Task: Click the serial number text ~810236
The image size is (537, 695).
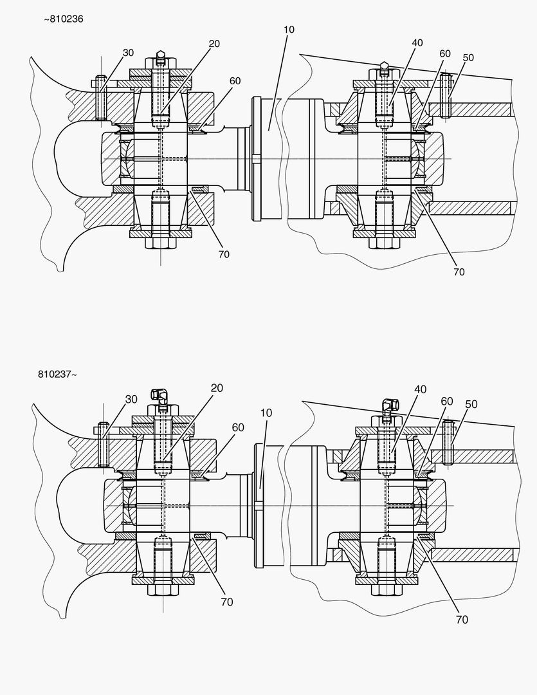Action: point(63,19)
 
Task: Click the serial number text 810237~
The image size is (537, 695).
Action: point(57,374)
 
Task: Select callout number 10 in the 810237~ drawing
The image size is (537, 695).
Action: point(267,412)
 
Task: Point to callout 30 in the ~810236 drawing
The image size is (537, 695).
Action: point(128,53)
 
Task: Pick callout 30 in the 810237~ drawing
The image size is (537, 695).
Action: point(131,399)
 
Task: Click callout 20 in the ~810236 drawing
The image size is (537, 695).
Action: point(215,43)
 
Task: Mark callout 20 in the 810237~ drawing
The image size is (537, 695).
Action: point(217,388)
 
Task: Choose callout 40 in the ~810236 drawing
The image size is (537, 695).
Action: point(418,43)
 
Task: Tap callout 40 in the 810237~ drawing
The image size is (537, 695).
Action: point(420,389)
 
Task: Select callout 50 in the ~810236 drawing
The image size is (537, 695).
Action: point(468,57)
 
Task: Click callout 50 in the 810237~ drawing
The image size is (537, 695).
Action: point(471,403)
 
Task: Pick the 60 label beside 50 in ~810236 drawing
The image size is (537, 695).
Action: point(445,53)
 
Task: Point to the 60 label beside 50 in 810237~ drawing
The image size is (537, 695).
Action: point(447,401)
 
